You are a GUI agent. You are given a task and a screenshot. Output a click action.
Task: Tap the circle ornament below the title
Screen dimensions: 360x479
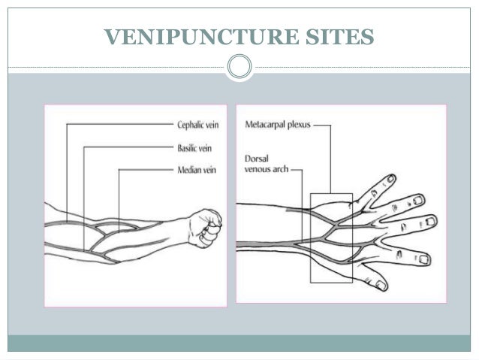239,66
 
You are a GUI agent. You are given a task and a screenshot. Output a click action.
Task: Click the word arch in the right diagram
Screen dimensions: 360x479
279,169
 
